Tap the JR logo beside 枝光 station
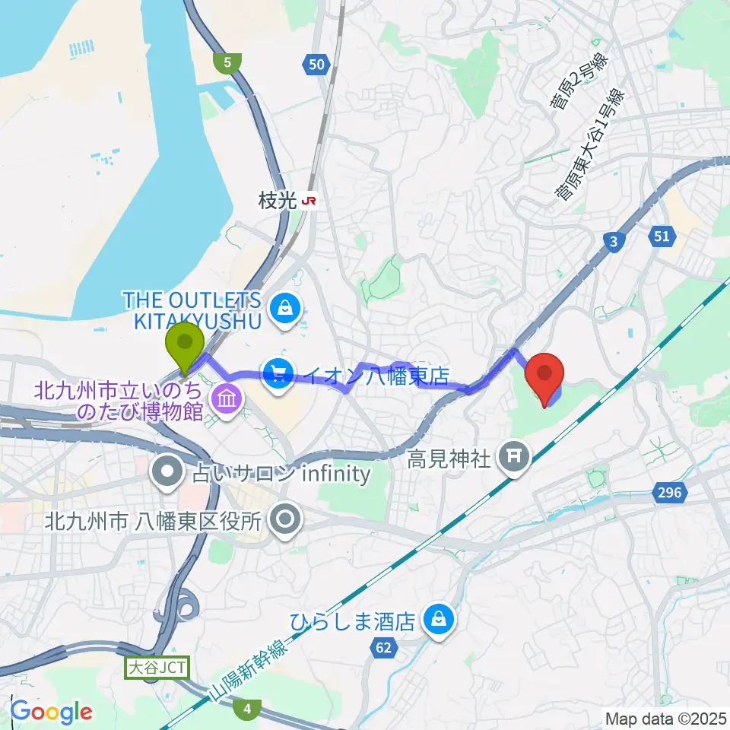pos(309,201)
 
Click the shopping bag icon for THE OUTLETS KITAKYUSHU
pos(284,309)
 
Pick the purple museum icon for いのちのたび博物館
pos(227,396)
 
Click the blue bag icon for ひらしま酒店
pos(439,620)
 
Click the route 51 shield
pos(662,236)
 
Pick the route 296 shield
pos(670,494)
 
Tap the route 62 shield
pos(385,648)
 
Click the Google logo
pos(52,712)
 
